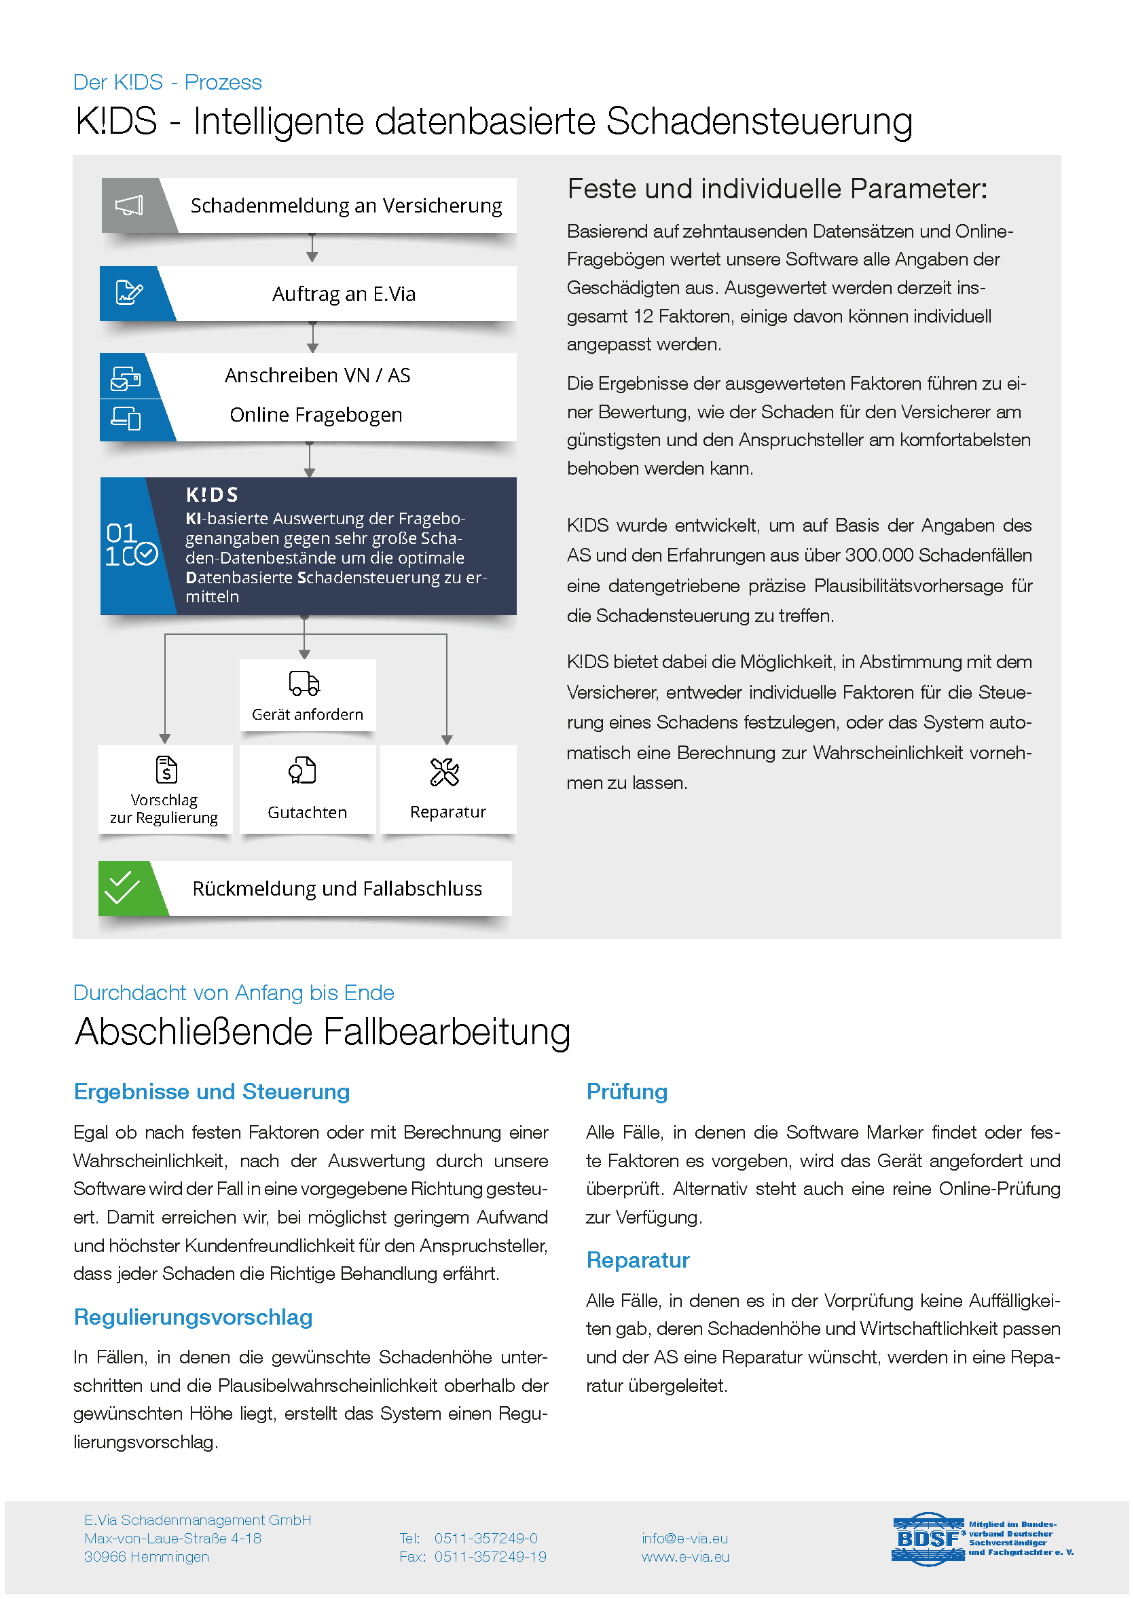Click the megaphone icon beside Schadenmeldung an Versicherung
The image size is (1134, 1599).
pos(129,205)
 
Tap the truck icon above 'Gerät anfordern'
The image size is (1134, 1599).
pos(304,684)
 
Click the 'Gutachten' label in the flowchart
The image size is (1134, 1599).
pos(307,813)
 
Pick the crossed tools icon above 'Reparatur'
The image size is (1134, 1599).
pos(445,772)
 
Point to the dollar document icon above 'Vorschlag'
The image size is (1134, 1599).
pos(166,770)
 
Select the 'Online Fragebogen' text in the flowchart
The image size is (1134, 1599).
pos(316,415)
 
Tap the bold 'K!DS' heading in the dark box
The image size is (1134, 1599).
pos(213,495)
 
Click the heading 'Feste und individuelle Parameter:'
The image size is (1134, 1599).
pos(778,189)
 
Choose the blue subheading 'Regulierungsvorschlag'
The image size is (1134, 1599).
pos(194,1317)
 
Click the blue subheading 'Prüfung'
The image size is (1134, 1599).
pos(626,1091)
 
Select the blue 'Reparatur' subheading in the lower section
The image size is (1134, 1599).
pos(638,1260)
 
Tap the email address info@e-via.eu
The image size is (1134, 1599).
pos(684,1539)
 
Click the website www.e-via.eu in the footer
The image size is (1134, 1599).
pos(685,1556)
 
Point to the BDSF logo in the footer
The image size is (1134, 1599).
pos(928,1539)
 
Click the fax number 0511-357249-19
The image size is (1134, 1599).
pos(490,1556)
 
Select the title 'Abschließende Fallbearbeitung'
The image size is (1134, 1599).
pos(323,1032)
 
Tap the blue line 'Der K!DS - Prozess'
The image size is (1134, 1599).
pos(168,82)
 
